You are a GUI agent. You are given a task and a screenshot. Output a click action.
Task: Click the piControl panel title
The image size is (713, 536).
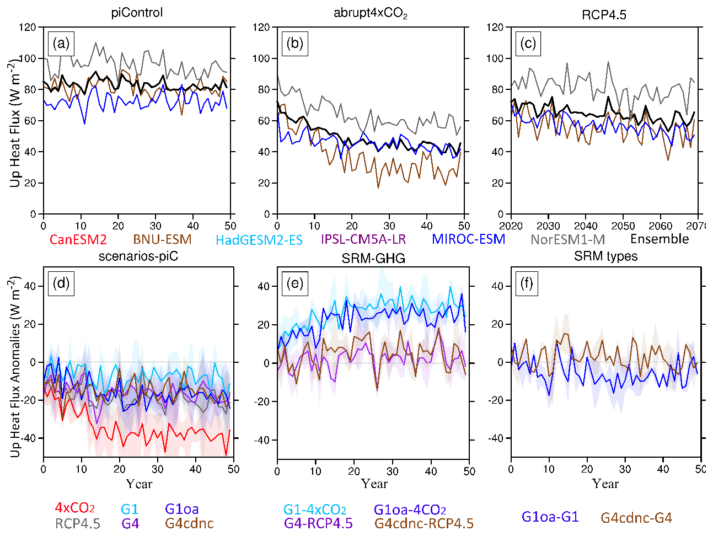click(137, 13)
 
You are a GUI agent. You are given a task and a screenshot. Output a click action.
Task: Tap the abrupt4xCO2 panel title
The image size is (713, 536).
click(370, 13)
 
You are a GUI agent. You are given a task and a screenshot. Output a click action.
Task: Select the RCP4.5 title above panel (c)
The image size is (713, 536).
click(604, 14)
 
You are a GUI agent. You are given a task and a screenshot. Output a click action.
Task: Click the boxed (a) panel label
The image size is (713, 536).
click(61, 44)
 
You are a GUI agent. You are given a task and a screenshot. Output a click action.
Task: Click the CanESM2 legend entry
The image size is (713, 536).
click(78, 239)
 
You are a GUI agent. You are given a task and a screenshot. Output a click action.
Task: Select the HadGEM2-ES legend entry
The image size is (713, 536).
click(259, 240)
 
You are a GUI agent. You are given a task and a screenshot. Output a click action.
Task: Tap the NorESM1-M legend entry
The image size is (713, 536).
click(567, 239)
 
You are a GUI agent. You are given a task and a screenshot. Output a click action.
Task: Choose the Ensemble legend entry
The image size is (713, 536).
click(660, 239)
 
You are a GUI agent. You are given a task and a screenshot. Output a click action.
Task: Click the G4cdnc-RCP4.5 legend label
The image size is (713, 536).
click(423, 523)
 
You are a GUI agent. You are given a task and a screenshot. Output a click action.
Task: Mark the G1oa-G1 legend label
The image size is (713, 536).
click(550, 517)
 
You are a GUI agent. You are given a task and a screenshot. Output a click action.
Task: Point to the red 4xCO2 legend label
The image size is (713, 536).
click(75, 508)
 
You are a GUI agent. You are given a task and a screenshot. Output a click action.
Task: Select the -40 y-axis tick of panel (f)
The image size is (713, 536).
click(497, 438)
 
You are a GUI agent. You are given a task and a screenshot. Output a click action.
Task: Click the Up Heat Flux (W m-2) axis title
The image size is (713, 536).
click(15, 124)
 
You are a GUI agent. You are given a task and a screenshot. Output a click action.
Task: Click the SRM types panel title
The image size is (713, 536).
click(605, 256)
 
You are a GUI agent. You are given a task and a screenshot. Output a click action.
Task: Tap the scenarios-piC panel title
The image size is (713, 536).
click(138, 256)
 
